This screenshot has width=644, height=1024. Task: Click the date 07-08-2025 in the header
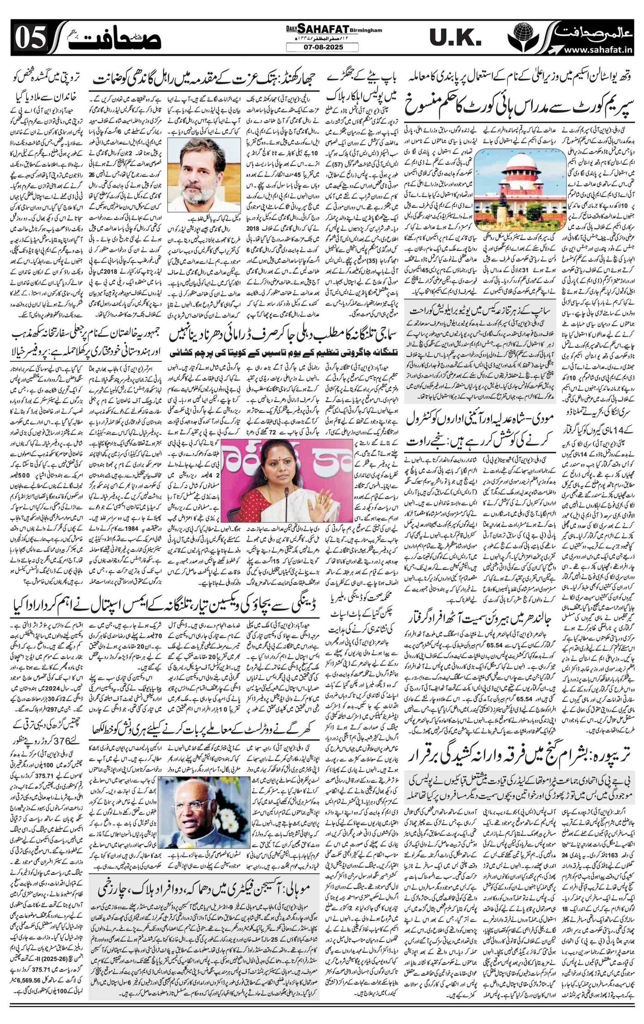[321, 48]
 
